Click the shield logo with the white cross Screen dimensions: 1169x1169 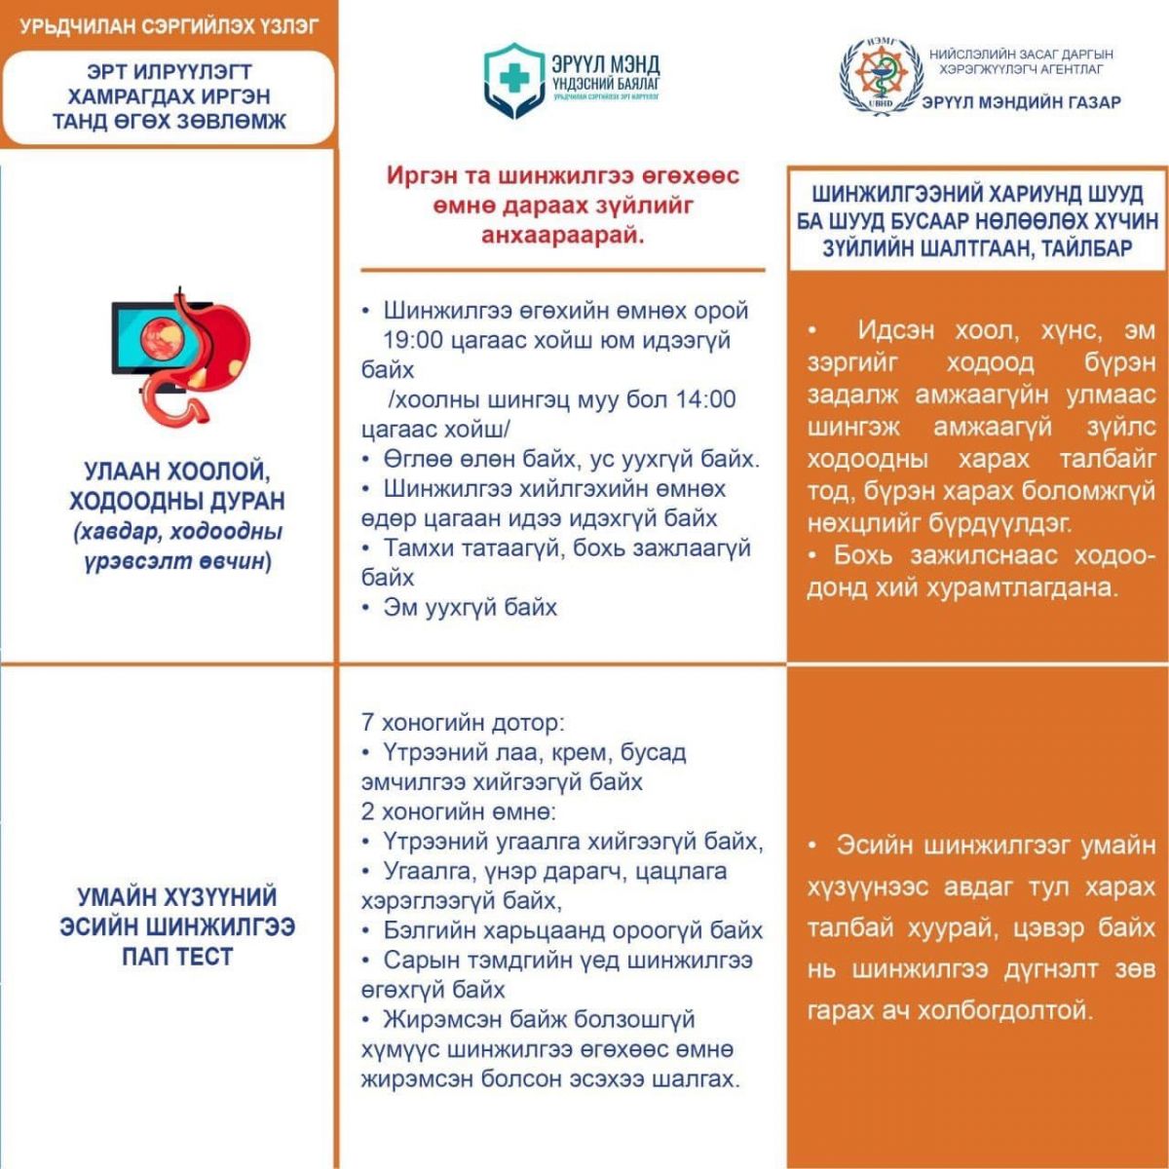pos(514,81)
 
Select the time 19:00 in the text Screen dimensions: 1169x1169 pos(416,340)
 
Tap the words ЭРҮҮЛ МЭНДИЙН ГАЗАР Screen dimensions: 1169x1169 pos(1021,102)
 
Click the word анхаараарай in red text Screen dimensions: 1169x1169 pos(563,236)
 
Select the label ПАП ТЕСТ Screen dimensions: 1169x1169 pos(177,957)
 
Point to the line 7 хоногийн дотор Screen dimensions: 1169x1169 pos(463,723)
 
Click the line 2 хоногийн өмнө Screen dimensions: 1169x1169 pos(459,811)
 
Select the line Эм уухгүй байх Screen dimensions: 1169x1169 pos(470,608)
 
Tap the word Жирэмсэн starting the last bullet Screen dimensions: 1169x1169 pos(443,1020)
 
